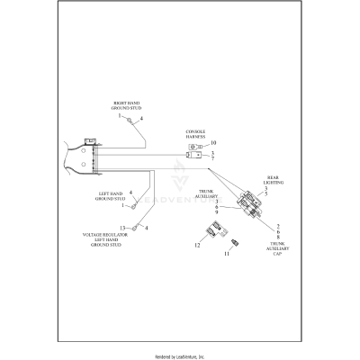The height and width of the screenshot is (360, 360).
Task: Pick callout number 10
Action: [213, 144]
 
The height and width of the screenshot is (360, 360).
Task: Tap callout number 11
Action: [226, 255]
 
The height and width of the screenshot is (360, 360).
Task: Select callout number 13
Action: [123, 228]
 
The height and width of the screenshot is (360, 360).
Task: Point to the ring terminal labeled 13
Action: [134, 229]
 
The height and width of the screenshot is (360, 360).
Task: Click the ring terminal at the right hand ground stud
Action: [130, 120]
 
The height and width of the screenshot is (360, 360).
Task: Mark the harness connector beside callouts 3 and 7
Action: [192, 156]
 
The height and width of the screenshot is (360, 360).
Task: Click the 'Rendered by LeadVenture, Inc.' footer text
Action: [180, 354]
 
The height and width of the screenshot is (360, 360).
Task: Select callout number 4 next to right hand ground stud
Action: [141, 119]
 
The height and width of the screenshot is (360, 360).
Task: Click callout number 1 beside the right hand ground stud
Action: [118, 116]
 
